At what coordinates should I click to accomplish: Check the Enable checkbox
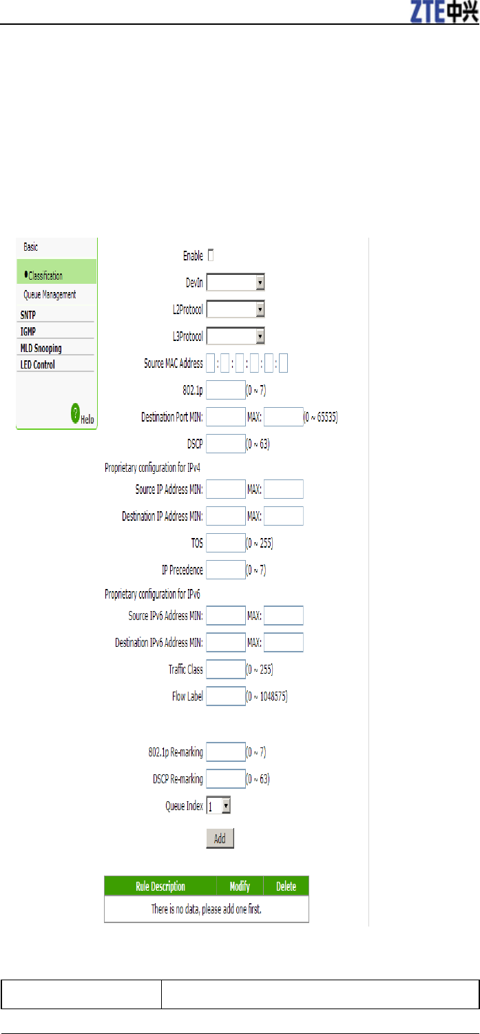[211, 256]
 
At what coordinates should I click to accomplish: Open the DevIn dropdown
[236, 282]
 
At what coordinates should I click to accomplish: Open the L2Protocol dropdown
[236, 309]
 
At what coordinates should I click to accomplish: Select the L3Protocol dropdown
[236, 336]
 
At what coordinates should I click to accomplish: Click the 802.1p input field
[226, 390]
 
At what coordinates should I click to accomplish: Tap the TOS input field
[226, 543]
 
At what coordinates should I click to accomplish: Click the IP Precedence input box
[226, 570]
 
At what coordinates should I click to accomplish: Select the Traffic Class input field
[226, 669]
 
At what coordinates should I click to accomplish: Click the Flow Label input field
[226, 696]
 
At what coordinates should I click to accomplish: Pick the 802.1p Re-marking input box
[226, 752]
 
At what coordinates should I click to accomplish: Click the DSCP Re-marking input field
[226, 778]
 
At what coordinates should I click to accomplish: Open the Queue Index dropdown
[218, 805]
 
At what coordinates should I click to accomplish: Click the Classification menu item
[45, 276]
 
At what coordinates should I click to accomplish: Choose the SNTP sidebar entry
[28, 315]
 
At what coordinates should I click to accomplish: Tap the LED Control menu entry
[38, 364]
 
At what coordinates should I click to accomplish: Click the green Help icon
[76, 414]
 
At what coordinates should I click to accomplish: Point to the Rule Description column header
[160, 886]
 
